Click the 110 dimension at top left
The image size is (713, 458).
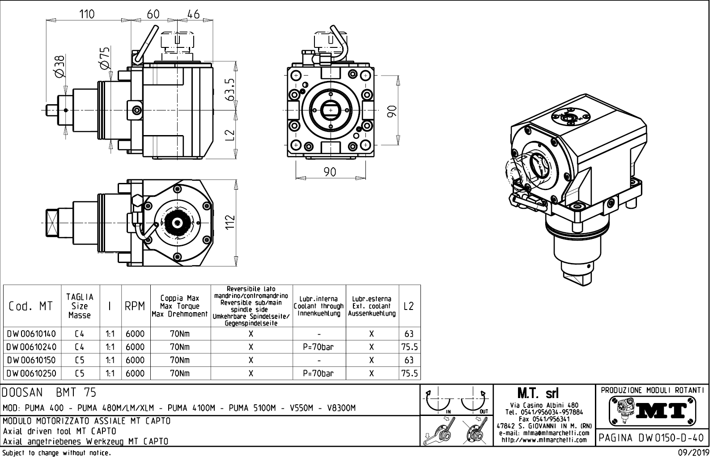(x=87, y=14)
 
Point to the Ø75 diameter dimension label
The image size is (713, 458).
(x=104, y=58)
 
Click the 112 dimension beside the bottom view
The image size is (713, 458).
(x=230, y=221)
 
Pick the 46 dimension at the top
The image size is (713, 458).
(x=193, y=14)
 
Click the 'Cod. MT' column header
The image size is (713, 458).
(x=31, y=306)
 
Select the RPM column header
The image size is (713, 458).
(x=135, y=306)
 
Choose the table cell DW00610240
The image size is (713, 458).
(x=31, y=347)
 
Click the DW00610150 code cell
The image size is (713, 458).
(x=31, y=360)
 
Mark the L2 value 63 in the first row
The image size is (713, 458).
(x=408, y=334)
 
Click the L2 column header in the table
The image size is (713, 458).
(x=408, y=306)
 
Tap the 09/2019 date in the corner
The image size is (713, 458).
(x=693, y=453)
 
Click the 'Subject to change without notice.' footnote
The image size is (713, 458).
(x=56, y=453)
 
